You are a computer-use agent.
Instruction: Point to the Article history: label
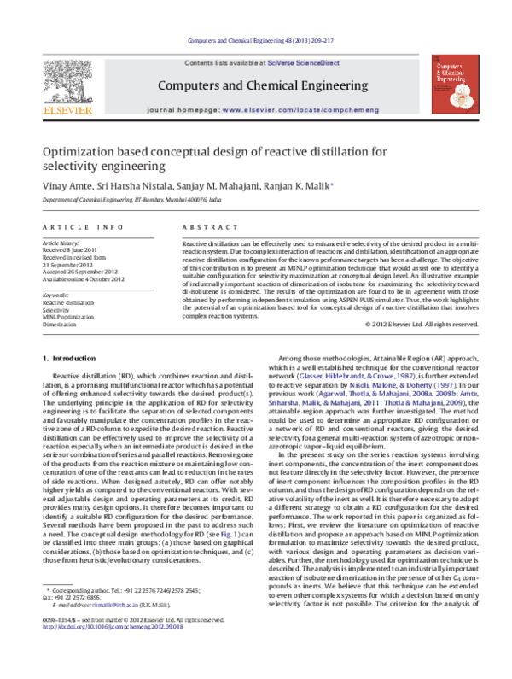pos(62,243)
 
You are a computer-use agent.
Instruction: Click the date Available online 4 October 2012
pos(83,279)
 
